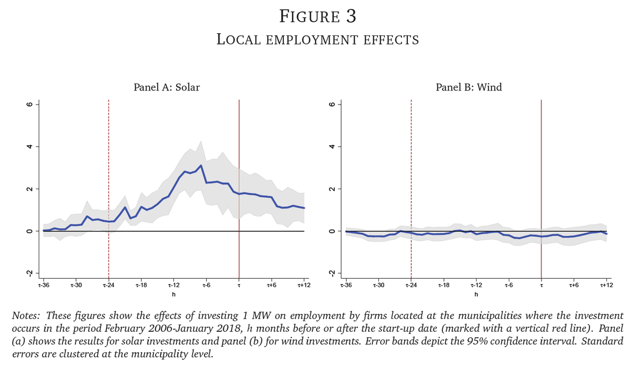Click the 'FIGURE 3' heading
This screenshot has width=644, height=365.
tap(318, 16)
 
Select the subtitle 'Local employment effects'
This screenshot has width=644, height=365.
tap(318, 39)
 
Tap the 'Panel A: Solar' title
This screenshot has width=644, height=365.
tap(166, 87)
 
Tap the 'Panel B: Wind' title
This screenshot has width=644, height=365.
tap(469, 87)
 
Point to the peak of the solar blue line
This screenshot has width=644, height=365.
tap(201, 166)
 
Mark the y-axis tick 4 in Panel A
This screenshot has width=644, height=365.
tap(30, 146)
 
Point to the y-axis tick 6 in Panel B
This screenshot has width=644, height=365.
tap(332, 105)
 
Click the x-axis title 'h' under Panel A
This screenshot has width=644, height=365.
tap(173, 295)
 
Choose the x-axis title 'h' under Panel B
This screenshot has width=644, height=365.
tap(476, 295)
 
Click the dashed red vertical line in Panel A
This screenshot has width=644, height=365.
tap(108, 161)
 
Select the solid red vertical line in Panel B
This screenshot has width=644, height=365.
tap(541, 161)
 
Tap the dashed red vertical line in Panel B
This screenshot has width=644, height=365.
tap(411, 161)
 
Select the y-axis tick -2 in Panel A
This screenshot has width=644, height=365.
tap(30, 273)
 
